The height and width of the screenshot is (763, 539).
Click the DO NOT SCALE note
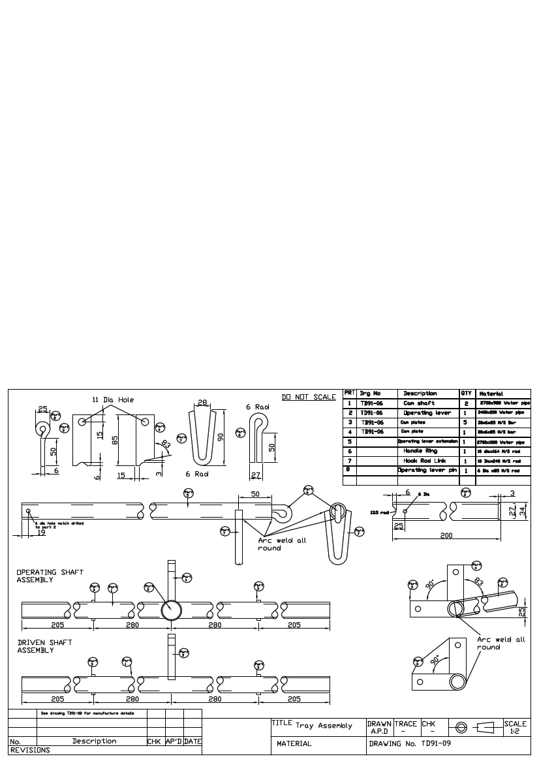309,397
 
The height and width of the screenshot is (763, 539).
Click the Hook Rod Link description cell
427,460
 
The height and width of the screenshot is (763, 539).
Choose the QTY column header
467,394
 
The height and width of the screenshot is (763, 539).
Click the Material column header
491,394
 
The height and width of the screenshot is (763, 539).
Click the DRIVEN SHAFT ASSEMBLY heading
44,646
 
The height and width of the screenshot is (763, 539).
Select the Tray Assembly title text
324,726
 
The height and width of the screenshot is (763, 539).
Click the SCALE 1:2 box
515,727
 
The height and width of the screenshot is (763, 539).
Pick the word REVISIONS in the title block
30,751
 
